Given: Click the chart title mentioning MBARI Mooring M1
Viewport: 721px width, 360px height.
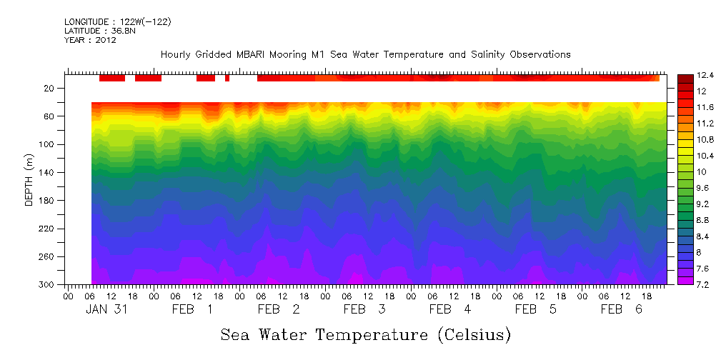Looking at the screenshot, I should tap(365, 54).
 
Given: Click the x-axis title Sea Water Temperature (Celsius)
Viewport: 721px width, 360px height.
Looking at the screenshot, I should tap(365, 334).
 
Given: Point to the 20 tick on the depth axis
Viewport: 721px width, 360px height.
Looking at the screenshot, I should tap(51, 88).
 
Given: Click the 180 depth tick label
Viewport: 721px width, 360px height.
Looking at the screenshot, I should tap(49, 201).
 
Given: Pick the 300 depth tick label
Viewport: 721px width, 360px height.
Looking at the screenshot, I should tap(49, 285).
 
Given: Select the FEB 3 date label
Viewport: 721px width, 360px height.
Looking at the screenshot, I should tap(364, 309).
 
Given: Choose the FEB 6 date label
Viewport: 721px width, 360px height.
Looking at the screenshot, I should tap(621, 309).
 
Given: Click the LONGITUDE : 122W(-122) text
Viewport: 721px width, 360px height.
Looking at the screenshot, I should tap(117, 21).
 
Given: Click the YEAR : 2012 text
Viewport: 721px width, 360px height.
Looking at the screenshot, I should tap(89, 40).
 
